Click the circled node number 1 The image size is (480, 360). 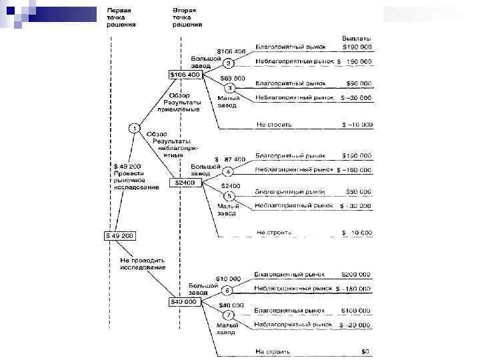tap(134, 127)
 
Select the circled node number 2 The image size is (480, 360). tap(227, 64)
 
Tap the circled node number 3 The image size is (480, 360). tap(229, 87)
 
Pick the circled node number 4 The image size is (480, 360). tap(227, 171)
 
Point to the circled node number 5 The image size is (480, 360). tap(228, 196)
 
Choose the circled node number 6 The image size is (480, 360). tap(227, 290)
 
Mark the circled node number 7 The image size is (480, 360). tap(228, 314)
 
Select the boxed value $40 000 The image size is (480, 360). tap(183, 301)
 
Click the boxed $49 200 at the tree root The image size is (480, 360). tap(119, 235)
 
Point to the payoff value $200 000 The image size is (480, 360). tap(357, 274)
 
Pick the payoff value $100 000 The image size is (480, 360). tap(357, 311)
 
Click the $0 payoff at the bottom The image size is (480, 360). tap(365, 351)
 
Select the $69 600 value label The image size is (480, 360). tap(232, 78)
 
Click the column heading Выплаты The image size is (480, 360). tap(357, 38)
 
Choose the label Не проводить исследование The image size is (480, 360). tap(142, 263)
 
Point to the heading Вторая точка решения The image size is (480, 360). tap(187, 18)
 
